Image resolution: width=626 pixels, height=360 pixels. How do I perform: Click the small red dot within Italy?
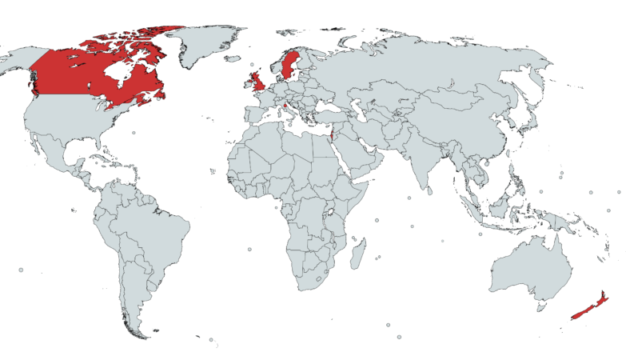pos(285,103)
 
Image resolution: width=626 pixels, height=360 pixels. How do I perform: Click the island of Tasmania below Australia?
pos(544,306)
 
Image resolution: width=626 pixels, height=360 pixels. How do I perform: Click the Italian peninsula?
pos(289,110)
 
